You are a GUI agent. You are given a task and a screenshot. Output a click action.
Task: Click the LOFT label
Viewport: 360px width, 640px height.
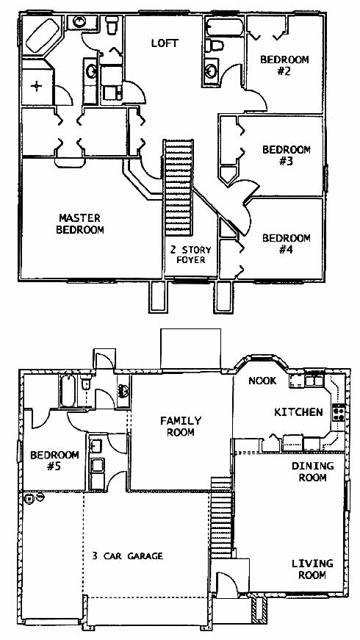click(x=165, y=43)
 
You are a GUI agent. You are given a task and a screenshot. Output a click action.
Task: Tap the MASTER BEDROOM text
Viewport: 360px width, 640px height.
click(x=80, y=223)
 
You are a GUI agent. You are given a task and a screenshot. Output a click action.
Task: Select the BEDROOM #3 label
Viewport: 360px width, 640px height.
click(x=286, y=155)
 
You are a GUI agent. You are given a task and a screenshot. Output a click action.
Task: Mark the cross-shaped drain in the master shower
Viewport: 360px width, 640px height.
click(x=37, y=86)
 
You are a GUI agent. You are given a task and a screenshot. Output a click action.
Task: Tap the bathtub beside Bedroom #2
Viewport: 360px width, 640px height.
click(x=224, y=27)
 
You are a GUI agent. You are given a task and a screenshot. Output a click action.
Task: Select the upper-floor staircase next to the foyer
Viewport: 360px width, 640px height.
click(x=178, y=187)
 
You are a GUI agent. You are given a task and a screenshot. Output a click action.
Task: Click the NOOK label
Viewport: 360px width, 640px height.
click(x=262, y=381)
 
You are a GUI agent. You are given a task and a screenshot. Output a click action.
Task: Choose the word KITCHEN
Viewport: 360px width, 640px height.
click(x=298, y=412)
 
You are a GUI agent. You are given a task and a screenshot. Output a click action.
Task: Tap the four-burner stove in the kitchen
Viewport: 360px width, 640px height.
click(x=339, y=411)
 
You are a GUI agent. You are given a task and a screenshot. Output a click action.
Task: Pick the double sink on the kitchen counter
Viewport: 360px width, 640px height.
click(x=314, y=381)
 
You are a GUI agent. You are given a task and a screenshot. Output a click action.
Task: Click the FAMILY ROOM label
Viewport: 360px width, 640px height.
click(x=181, y=426)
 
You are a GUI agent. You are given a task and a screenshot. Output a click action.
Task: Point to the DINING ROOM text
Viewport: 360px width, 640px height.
click(x=313, y=472)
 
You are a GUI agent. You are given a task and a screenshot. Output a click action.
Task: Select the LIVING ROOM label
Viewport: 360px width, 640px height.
click(x=312, y=569)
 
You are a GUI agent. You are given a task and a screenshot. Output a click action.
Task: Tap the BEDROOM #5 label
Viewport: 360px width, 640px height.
click(x=54, y=461)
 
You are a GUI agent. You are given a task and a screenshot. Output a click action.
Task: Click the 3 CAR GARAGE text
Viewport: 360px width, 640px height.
click(x=127, y=556)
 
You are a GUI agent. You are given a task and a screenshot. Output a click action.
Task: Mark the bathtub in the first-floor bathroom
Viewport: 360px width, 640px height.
click(x=68, y=392)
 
